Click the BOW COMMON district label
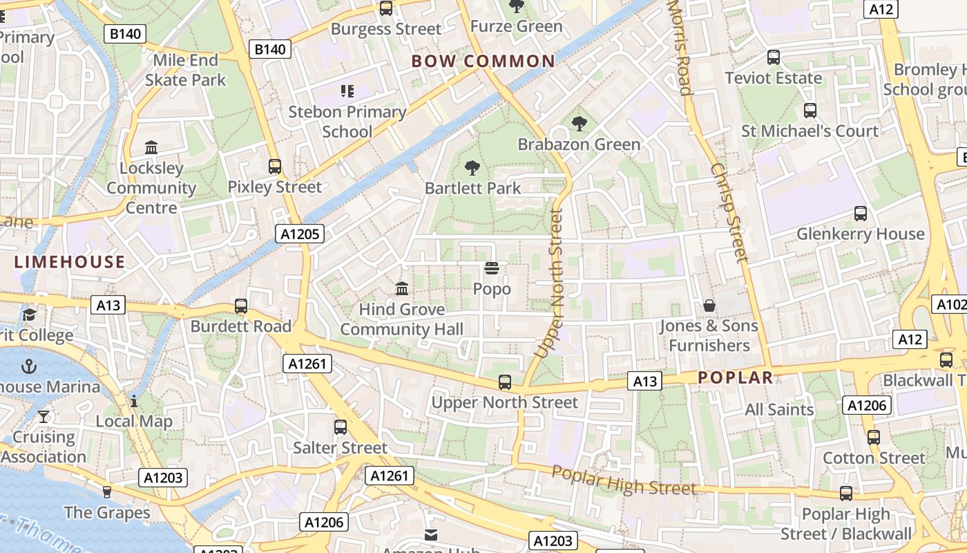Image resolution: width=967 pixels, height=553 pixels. point(483,62)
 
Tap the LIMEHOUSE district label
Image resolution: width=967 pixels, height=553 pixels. point(70,262)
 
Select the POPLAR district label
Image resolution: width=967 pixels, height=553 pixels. point(735,377)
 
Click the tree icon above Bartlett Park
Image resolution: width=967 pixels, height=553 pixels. point(472,167)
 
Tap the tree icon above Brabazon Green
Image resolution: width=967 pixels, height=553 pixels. point(579,124)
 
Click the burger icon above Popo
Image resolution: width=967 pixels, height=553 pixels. point(492,268)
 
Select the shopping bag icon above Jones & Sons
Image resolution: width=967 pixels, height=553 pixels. point(709,305)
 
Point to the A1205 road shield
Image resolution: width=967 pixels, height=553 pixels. point(300,234)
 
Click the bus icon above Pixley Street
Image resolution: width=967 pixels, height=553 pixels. point(275,167)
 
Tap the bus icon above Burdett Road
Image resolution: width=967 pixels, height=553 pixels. point(241,306)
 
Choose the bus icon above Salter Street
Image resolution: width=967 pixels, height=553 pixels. point(341,427)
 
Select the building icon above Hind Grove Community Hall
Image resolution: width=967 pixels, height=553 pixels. point(401,288)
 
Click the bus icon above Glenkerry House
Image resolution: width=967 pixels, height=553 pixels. point(860,214)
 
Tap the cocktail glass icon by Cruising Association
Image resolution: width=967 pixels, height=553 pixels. point(44,416)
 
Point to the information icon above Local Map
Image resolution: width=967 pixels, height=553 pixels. point(134,401)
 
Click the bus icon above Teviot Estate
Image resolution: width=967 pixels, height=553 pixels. point(774,57)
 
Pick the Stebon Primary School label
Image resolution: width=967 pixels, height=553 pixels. point(347,121)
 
